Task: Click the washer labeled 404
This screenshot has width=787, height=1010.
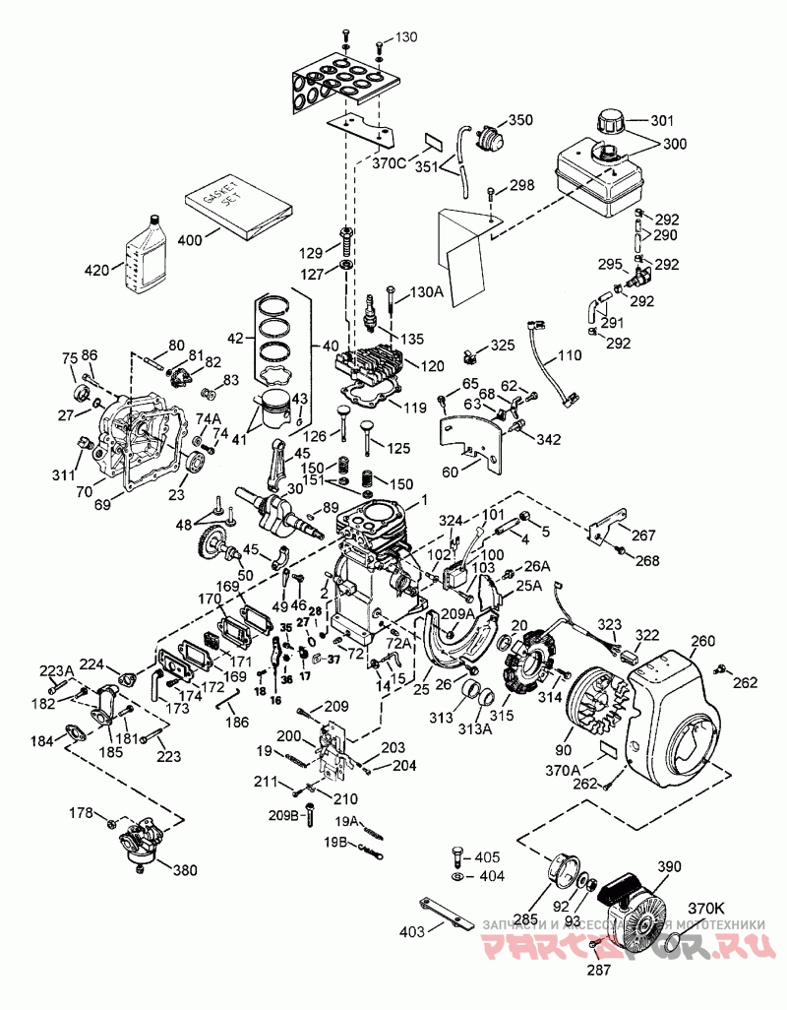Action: pyautogui.click(x=458, y=876)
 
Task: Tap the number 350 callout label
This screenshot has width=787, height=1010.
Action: pyautogui.click(x=519, y=120)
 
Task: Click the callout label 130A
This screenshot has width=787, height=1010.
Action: pyautogui.click(x=426, y=291)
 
